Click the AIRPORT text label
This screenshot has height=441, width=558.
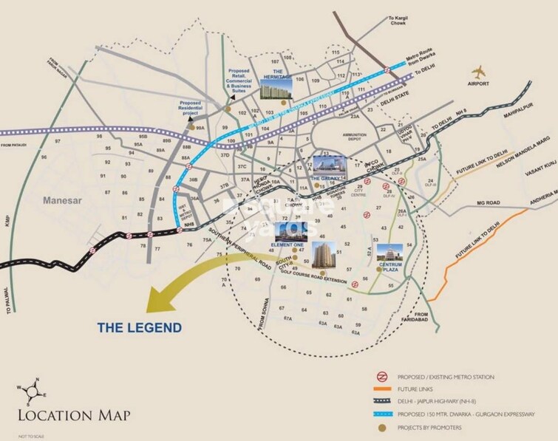click(x=478, y=84)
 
